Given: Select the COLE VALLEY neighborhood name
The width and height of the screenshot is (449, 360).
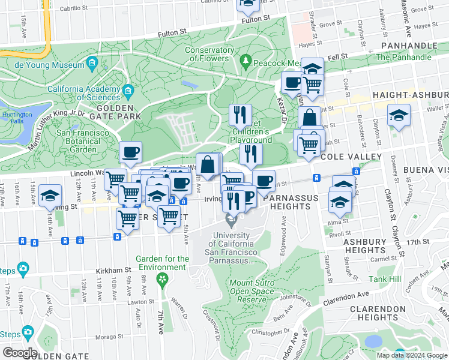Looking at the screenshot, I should click(351, 157).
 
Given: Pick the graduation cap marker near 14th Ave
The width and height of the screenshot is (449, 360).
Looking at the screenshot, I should click(50, 195).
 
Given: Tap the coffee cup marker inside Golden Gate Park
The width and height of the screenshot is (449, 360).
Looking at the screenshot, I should click(130, 152).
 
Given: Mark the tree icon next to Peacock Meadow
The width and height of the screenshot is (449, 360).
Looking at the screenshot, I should click(245, 61).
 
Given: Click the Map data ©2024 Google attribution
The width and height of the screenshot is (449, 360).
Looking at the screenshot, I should click(411, 355).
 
